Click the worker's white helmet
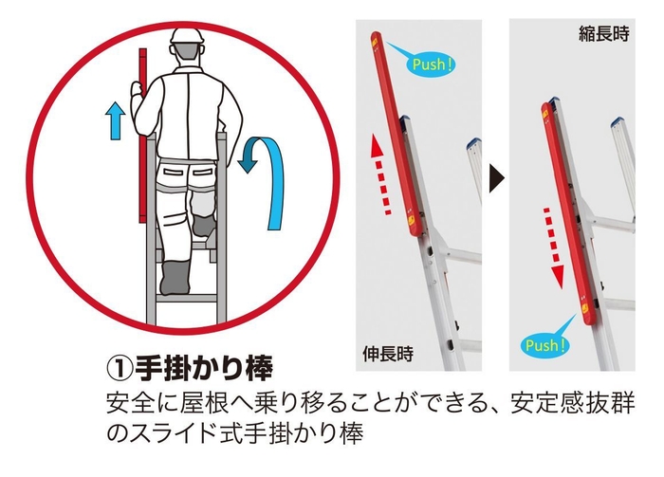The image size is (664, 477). tap(186, 40)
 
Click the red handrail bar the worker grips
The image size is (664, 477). tap(142, 142)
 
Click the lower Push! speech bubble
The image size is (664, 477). tap(544, 344)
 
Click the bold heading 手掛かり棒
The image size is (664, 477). tap(206, 364)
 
